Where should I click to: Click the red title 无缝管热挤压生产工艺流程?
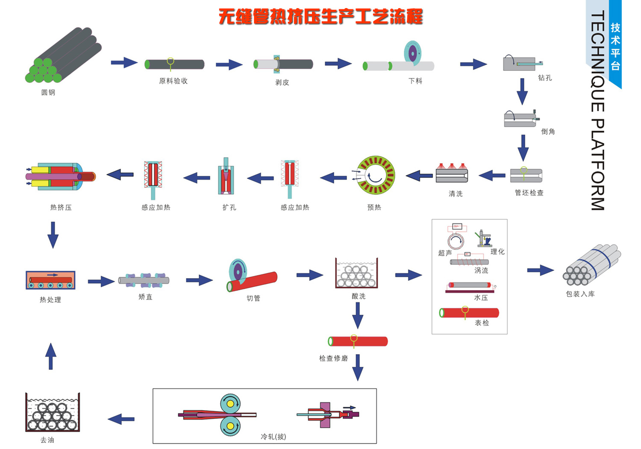pos(320,17)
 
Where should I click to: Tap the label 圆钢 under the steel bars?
pos(48,92)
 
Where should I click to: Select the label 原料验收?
pos(173,81)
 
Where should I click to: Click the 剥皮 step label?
pos(282,82)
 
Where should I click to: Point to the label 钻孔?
pos(545,78)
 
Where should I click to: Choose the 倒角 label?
pos(548,131)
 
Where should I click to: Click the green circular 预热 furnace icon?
pos(376,175)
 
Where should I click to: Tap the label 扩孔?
pos(229,207)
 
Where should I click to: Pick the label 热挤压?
pos(61,207)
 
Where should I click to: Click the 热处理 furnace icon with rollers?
pos(51,280)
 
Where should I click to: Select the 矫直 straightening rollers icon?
pos(144,280)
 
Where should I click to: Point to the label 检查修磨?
pos(333,358)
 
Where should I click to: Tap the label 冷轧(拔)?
pos(273,437)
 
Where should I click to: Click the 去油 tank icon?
pos(53,412)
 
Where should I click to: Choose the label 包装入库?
pos(580,294)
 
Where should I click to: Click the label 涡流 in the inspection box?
pos(481,270)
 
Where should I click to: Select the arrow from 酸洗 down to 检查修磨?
pos(358,315)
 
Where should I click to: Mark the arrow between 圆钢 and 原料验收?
pos(124,62)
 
